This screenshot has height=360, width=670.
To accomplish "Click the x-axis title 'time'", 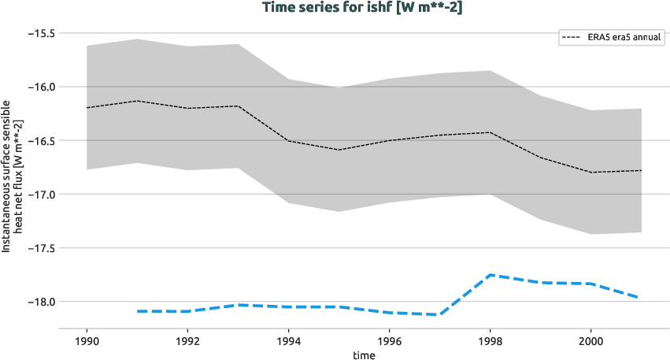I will pyautogui.click(x=364, y=354).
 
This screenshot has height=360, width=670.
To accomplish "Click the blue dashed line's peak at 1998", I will pyautogui.click(x=490, y=275).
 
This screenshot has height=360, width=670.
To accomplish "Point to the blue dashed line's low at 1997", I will pyautogui.click(x=439, y=314).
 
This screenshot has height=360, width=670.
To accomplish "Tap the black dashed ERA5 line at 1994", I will pyautogui.click(x=288, y=141).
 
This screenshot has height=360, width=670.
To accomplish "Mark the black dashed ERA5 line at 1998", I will pyautogui.click(x=490, y=132).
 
